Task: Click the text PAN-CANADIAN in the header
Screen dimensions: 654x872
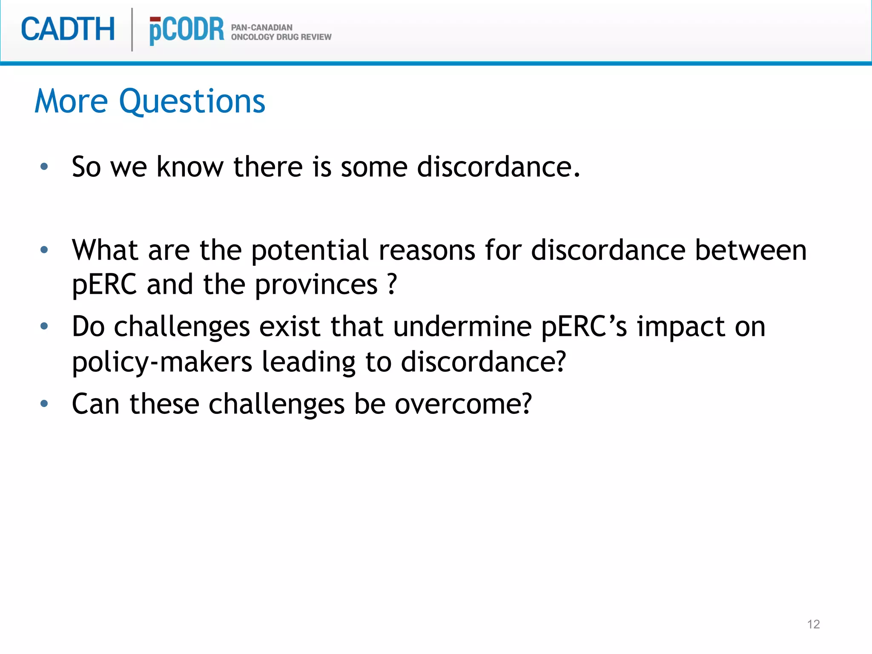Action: pos(261,27)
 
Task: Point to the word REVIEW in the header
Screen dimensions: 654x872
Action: pos(316,37)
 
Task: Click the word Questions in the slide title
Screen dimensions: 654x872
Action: pos(192,101)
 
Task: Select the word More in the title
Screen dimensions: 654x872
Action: pos(71,101)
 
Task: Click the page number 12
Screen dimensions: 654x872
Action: pos(813,624)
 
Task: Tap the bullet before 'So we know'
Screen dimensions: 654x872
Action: pos(44,166)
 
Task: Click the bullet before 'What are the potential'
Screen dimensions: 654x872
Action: pos(44,250)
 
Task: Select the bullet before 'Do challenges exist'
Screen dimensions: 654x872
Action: pos(44,327)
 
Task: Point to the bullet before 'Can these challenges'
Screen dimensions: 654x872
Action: pos(44,403)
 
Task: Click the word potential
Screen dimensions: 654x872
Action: pos(310,250)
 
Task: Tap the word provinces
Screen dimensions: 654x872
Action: pos(316,284)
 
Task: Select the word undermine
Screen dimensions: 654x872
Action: pos(462,327)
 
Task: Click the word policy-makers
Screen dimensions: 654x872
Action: pos(162,362)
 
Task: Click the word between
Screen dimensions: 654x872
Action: pos(751,250)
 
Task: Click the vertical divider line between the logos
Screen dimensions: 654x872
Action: pos(132,30)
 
